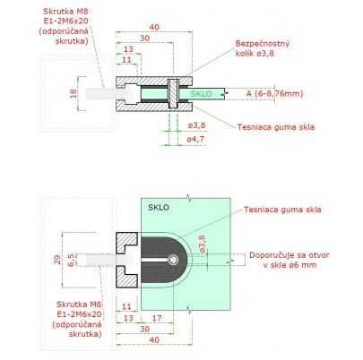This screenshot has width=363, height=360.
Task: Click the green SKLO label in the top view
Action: (201, 94)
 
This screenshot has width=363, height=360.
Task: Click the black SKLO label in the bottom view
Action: (159, 208)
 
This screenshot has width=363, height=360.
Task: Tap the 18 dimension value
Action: (73, 93)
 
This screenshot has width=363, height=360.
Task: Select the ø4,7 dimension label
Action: (195, 139)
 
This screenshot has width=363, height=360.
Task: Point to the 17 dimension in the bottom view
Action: (157, 318)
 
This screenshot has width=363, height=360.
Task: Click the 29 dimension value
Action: (57, 260)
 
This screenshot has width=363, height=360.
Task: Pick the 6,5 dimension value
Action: (72, 260)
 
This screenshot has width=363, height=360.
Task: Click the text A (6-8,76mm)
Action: (274, 93)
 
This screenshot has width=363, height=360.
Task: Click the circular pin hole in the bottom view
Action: (173, 260)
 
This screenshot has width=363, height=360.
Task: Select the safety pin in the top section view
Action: (173, 93)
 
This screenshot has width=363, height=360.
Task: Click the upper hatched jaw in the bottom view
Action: (126, 242)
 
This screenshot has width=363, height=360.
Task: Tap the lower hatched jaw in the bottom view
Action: (126, 277)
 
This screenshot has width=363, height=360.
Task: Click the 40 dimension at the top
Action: (154, 27)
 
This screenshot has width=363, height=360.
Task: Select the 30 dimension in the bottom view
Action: (145, 329)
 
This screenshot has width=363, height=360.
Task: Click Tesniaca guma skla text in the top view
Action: (276, 127)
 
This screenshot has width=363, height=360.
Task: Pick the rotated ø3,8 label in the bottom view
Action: (202, 244)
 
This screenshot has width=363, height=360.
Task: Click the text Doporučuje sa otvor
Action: (290, 255)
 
